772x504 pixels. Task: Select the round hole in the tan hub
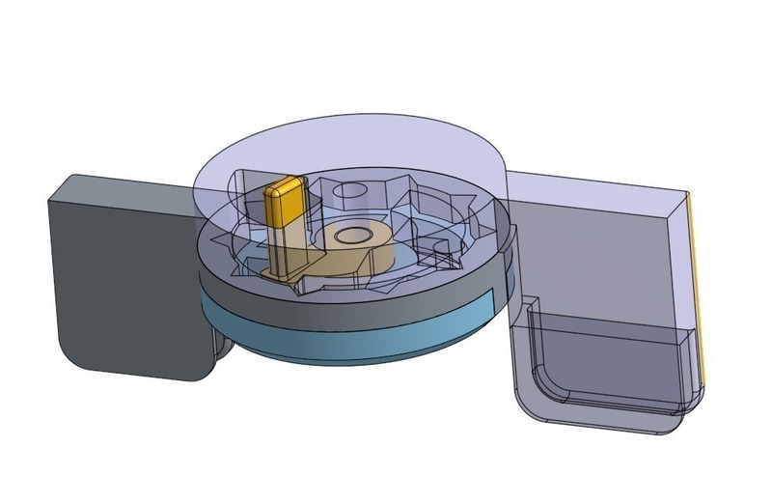(352, 235)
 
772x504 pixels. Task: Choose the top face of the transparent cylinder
(347, 154)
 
